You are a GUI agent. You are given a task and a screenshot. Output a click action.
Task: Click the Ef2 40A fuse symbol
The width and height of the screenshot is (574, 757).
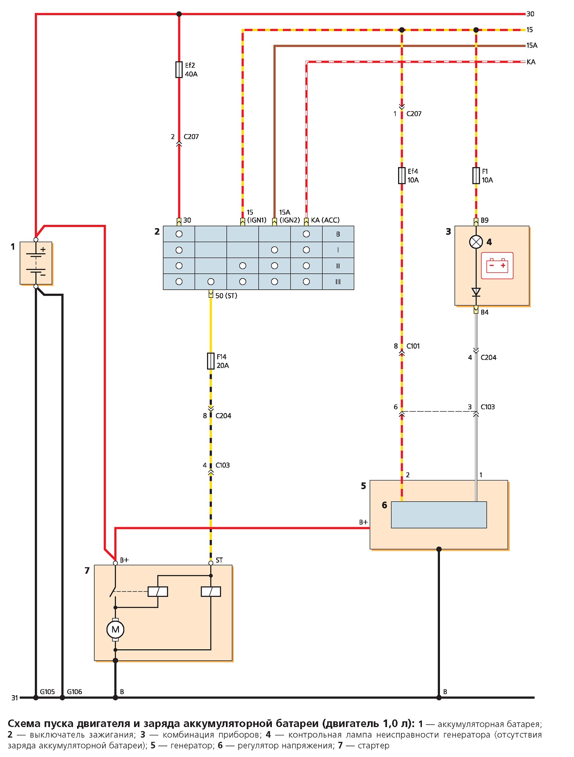tap(179, 70)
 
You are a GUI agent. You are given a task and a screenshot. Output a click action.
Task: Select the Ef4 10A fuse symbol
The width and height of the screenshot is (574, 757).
tap(402, 176)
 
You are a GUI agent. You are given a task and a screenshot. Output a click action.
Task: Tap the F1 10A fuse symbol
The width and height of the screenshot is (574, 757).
tap(476, 176)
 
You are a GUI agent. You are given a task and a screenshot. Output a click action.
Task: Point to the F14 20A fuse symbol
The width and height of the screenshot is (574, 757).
tap(211, 361)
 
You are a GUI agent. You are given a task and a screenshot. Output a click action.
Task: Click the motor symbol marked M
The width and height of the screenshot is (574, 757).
tap(115, 630)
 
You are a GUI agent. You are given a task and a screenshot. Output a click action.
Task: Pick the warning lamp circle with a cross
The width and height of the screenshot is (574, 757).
tap(476, 242)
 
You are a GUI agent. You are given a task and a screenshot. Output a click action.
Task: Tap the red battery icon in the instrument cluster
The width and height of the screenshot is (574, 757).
tap(497, 266)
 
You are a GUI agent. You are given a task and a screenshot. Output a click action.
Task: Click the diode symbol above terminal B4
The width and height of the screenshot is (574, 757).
tap(476, 292)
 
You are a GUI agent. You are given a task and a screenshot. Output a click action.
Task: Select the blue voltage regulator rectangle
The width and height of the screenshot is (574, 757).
tap(439, 515)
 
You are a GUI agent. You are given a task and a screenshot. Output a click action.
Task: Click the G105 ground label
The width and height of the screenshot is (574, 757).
tap(47, 692)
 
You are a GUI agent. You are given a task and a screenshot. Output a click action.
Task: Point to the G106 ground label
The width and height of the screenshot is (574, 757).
tap(74, 692)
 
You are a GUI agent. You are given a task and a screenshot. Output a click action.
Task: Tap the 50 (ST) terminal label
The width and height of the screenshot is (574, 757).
tap(226, 296)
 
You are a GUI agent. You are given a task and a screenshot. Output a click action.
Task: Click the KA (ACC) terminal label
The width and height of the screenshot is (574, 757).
tap(325, 220)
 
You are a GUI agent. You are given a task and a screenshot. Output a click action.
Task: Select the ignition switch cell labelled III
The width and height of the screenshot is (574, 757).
tap(338, 282)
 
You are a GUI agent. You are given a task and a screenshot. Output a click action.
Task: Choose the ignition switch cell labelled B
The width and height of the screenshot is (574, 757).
tap(338, 234)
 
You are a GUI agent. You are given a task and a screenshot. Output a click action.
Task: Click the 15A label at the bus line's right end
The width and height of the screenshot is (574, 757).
tap(532, 45)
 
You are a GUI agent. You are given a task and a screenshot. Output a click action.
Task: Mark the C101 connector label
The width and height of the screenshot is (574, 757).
tap(413, 346)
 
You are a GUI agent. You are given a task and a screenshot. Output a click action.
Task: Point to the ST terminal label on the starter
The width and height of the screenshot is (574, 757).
tap(219, 560)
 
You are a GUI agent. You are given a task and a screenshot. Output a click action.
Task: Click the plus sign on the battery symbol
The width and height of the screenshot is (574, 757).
tap(43, 249)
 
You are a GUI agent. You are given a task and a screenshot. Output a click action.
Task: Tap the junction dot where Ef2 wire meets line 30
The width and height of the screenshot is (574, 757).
tap(179, 14)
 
